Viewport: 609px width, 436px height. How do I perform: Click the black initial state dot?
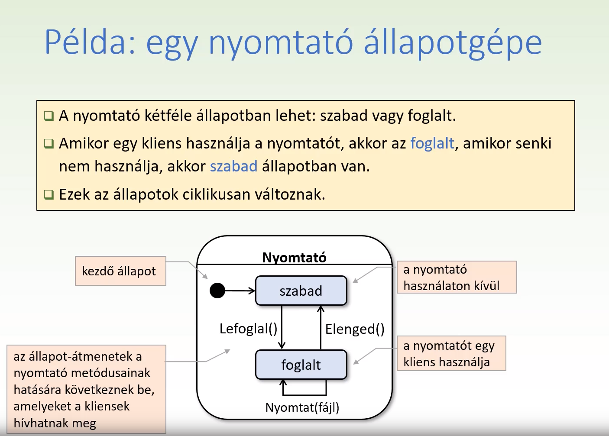pyautogui.click(x=217, y=291)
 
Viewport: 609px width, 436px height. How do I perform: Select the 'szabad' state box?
pyautogui.click(x=301, y=291)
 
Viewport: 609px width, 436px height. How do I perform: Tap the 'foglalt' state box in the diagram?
pyautogui.click(x=301, y=365)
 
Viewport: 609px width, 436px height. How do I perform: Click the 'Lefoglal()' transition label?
pyautogui.click(x=248, y=329)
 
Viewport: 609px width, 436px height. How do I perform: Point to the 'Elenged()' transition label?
pyautogui.click(x=355, y=329)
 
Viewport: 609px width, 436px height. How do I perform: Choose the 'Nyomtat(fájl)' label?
pyautogui.click(x=302, y=407)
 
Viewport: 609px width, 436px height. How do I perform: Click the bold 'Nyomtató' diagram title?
pyautogui.click(x=294, y=257)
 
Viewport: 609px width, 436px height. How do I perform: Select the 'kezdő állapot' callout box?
pyautogui.click(x=120, y=271)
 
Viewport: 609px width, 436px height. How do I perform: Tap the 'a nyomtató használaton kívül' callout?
pyautogui.click(x=457, y=277)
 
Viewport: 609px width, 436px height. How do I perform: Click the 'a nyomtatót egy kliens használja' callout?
pyautogui.click(x=451, y=353)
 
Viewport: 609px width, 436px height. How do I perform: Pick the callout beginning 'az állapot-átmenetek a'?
pyautogui.click(x=86, y=389)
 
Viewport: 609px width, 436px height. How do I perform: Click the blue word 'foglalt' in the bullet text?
pyautogui.click(x=432, y=143)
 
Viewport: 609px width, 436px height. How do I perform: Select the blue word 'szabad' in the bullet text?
pyautogui.click(x=233, y=166)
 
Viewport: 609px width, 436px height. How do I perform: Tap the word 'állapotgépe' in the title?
pyautogui.click(x=453, y=42)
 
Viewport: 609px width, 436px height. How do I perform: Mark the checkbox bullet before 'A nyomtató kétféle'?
pyautogui.click(x=49, y=116)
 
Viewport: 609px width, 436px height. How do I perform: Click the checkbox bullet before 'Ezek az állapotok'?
pyautogui.click(x=49, y=194)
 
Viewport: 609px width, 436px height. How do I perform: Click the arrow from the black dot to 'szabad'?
pyautogui.click(x=240, y=291)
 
